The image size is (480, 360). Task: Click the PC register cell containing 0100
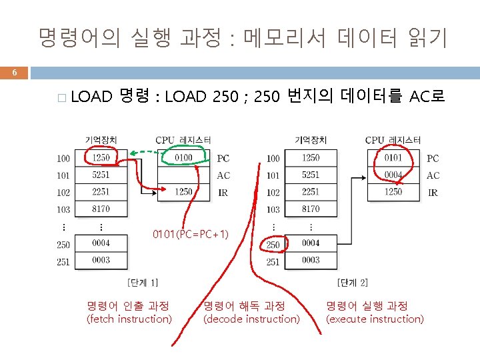tap(183, 158)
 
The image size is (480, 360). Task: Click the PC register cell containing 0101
tap(393, 158)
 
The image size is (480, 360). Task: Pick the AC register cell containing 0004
tap(393, 175)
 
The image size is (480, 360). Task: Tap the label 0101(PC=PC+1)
tap(191, 234)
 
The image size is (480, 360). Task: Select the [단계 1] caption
tap(143, 282)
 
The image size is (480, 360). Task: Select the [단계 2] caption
tap(353, 282)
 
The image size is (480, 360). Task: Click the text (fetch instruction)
tap(129, 319)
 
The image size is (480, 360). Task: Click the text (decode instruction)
tap(251, 319)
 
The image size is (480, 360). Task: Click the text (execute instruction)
tap(375, 319)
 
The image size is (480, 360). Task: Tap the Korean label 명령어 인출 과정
tap(128, 306)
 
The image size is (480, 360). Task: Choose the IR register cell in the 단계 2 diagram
tap(393, 192)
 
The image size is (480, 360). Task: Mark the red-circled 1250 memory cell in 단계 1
tap(101, 158)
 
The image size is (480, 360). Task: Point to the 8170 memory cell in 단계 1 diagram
tap(101, 209)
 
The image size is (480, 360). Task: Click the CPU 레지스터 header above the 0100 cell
tap(183, 140)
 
